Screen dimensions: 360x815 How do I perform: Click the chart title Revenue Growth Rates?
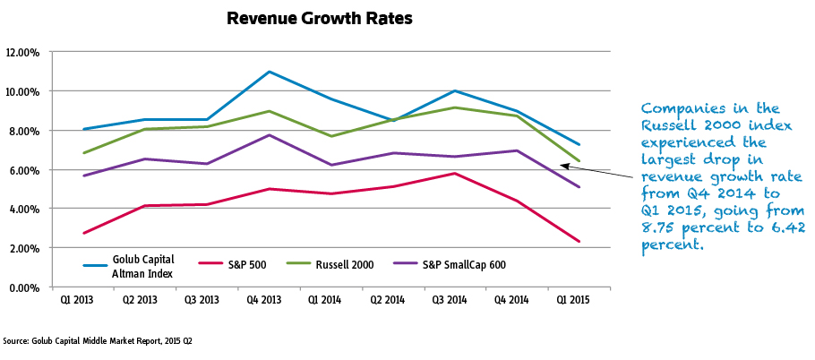point(320,18)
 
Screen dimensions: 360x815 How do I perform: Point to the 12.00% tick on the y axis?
point(21,52)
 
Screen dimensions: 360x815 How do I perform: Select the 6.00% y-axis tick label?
point(23,170)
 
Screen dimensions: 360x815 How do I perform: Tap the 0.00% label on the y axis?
point(23,287)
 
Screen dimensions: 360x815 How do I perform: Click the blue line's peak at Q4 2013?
point(269,72)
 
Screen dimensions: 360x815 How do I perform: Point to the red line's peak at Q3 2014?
point(456,173)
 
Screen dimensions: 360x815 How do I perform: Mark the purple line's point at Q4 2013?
point(269,135)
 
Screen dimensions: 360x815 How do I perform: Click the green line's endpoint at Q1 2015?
point(580,161)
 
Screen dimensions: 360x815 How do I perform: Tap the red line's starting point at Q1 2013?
point(82,233)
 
